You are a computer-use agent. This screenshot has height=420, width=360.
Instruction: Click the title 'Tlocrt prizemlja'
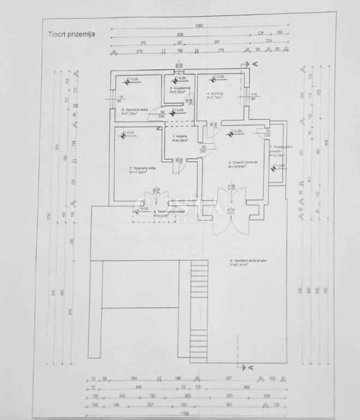pos(70,33)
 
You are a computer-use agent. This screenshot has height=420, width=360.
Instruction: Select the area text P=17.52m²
pos(139,173)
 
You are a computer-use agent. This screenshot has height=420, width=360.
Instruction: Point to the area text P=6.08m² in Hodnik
pos(180,141)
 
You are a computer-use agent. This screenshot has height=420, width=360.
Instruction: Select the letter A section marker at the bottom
pos(251,369)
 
